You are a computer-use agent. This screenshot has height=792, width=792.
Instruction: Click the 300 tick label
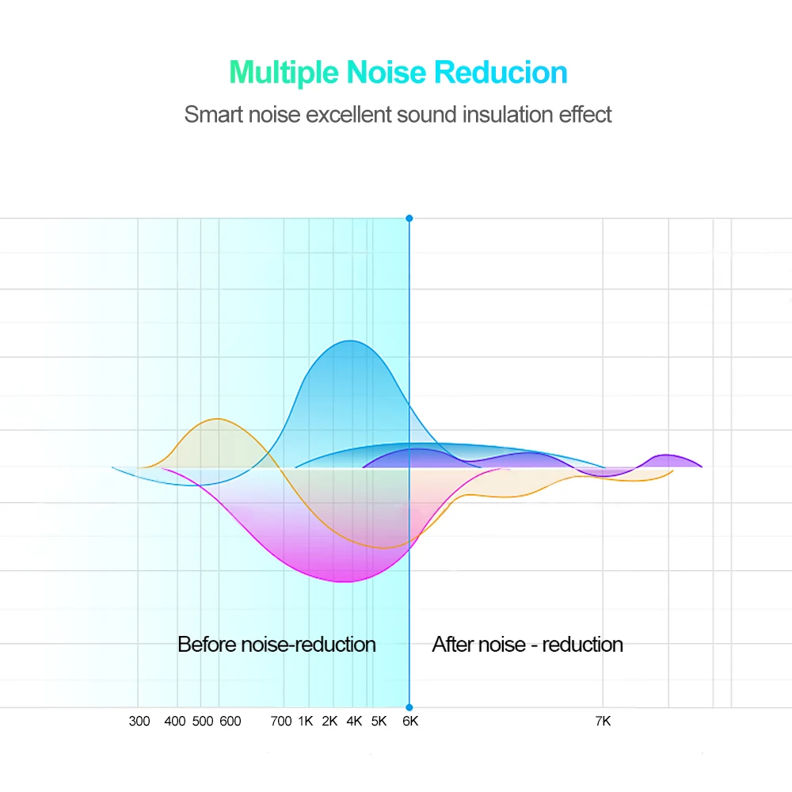(139, 722)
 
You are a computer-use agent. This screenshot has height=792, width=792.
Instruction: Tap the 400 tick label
(175, 722)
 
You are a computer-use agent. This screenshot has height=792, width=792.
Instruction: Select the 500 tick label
(203, 722)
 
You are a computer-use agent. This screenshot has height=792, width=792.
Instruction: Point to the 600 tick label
(230, 722)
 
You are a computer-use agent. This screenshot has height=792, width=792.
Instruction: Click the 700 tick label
(281, 722)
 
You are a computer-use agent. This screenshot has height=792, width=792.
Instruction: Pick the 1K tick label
(306, 722)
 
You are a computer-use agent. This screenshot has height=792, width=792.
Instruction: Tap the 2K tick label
(330, 722)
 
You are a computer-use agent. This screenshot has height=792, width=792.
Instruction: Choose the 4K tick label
(355, 722)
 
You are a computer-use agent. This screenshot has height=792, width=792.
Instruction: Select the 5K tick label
(379, 722)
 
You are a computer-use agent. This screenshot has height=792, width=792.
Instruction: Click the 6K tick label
(410, 722)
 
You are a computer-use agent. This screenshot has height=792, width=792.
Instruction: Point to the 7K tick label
(603, 722)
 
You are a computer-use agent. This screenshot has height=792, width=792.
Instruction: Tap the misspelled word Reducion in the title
(501, 73)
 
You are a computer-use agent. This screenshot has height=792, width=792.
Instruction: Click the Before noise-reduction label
(276, 645)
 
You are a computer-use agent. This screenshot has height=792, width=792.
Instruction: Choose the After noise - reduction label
(527, 645)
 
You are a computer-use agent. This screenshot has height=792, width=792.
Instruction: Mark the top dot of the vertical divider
(409, 218)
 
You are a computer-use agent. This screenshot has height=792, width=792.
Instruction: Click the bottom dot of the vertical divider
(409, 707)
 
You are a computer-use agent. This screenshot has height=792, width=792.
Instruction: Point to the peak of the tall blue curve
(348, 341)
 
